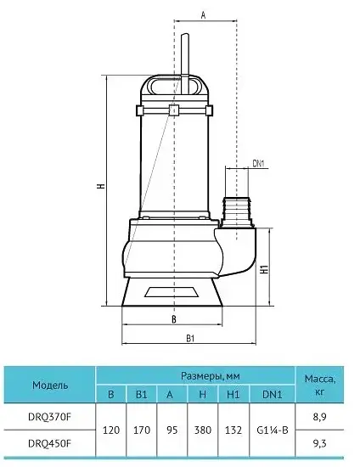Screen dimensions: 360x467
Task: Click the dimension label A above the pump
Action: point(203,15)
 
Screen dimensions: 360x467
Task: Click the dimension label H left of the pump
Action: point(102,186)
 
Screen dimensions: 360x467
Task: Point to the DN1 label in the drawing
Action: point(258,163)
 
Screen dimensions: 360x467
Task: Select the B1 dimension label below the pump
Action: point(190,338)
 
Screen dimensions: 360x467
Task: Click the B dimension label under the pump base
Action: point(174,319)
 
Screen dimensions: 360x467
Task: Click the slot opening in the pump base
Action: point(172,292)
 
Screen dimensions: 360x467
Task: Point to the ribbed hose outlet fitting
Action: point(238,211)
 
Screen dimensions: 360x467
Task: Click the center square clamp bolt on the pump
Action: point(174,110)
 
